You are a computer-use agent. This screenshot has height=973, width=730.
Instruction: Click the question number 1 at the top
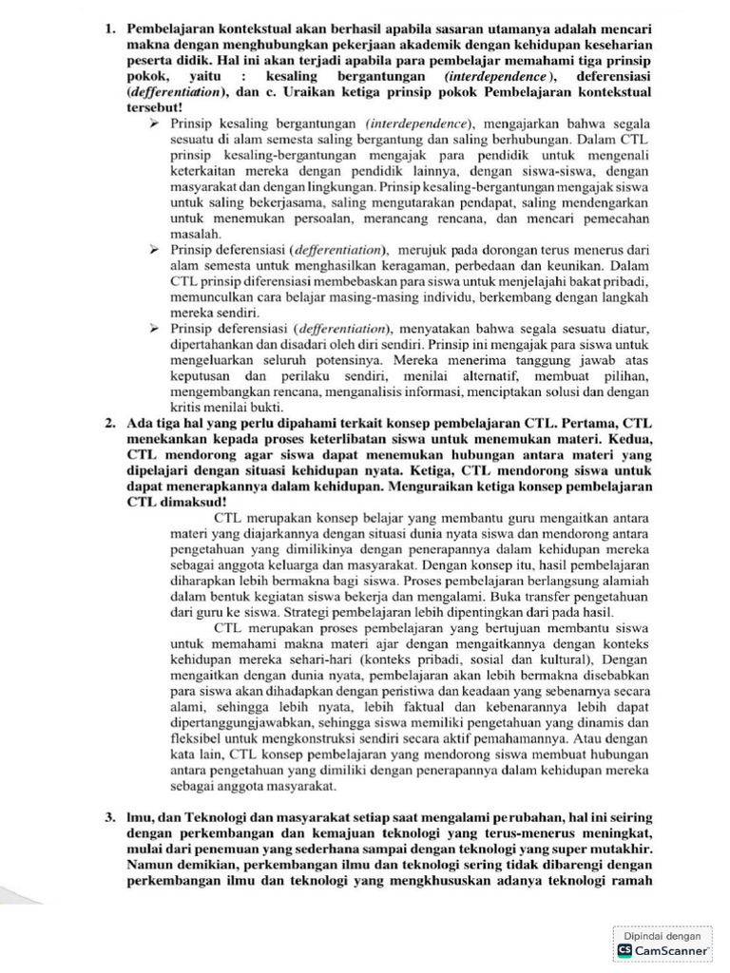pos(109,29)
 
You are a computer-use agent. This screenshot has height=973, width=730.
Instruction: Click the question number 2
pos(109,422)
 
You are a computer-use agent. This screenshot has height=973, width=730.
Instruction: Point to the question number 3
pos(109,816)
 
